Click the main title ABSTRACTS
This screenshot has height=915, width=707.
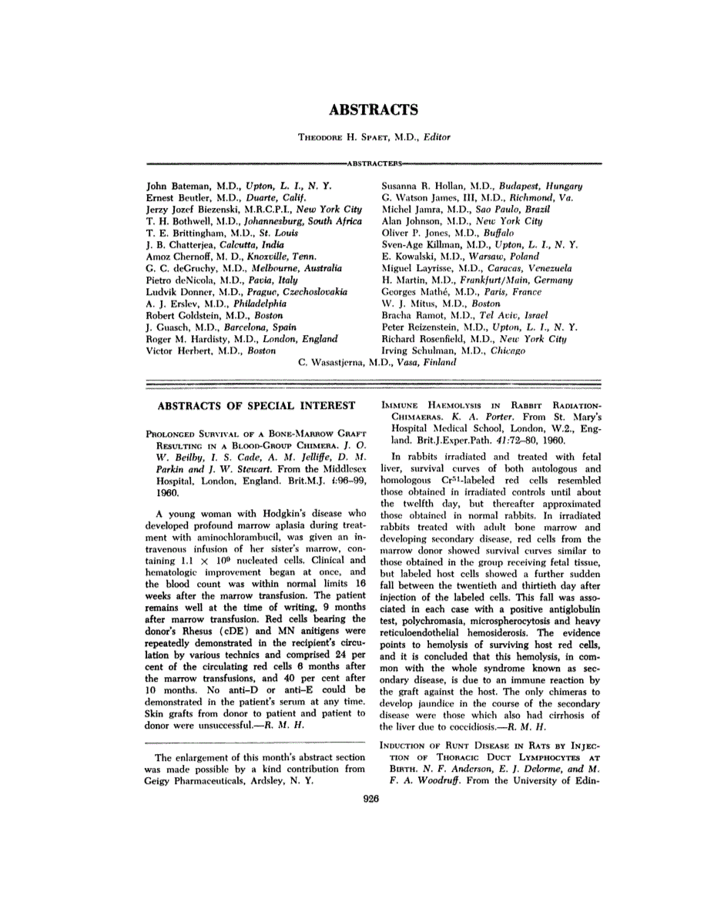(x=374, y=109)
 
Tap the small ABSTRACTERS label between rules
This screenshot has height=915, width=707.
(x=374, y=164)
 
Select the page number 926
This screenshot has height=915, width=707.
(x=373, y=799)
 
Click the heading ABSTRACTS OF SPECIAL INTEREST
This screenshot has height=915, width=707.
(x=256, y=405)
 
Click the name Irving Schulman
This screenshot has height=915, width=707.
(x=417, y=350)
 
